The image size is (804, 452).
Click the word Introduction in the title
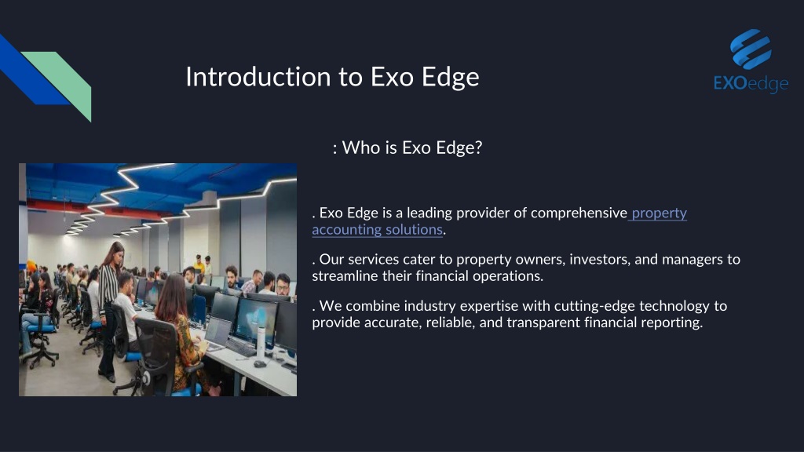pyautogui.click(x=258, y=76)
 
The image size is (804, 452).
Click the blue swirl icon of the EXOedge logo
pyautogui.click(x=751, y=49)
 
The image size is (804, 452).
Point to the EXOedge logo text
pyautogui.click(x=751, y=83)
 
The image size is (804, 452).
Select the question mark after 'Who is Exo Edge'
pyautogui.click(x=478, y=148)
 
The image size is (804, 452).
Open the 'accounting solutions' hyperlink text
pyautogui.click(x=378, y=230)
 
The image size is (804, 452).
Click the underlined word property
pyautogui.click(x=659, y=213)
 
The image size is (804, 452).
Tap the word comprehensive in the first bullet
pyautogui.click(x=579, y=213)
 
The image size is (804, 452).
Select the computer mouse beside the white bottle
pyautogui.click(x=259, y=364)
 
